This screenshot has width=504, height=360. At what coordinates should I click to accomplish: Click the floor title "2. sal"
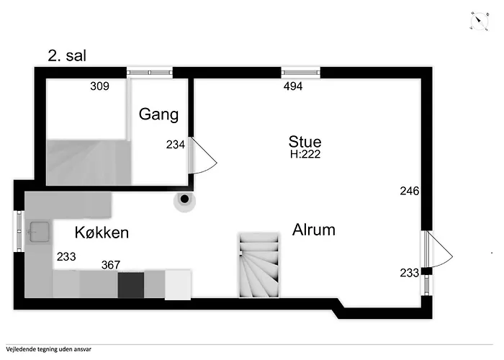pyautogui.click(x=67, y=55)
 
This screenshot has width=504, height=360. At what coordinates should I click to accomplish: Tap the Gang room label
pyautogui.click(x=159, y=114)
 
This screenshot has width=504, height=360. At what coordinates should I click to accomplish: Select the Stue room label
pyautogui.click(x=305, y=142)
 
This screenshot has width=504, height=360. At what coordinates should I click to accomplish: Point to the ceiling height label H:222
pyautogui.click(x=305, y=154)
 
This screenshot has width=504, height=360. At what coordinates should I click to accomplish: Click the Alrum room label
pyautogui.click(x=314, y=230)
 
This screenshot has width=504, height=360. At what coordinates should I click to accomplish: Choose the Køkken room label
pyautogui.click(x=102, y=232)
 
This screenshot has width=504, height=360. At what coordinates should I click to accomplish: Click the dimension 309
pyautogui.click(x=99, y=86)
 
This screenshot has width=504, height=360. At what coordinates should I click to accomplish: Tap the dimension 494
pyautogui.click(x=293, y=86)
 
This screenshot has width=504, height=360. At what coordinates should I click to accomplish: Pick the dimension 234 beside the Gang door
pyautogui.click(x=176, y=145)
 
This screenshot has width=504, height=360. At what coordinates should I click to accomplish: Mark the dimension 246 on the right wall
pyautogui.click(x=410, y=191)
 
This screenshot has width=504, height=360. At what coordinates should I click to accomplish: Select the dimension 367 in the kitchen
pyautogui.click(x=111, y=265)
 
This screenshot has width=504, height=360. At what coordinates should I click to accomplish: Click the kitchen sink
pyautogui.click(x=39, y=232)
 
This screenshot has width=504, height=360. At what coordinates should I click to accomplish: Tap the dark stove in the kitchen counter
pyautogui.click(x=131, y=285)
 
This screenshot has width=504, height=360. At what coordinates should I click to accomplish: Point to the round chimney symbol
pyautogui.click(x=184, y=199)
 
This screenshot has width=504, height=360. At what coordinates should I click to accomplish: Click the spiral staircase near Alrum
pyautogui.click(x=259, y=265)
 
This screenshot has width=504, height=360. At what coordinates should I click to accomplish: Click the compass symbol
pyautogui.click(x=480, y=22)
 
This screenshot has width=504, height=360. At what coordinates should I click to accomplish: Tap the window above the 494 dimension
pyautogui.click(x=300, y=73)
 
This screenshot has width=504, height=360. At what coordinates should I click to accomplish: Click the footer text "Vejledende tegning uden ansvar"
pyautogui.click(x=48, y=349)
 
